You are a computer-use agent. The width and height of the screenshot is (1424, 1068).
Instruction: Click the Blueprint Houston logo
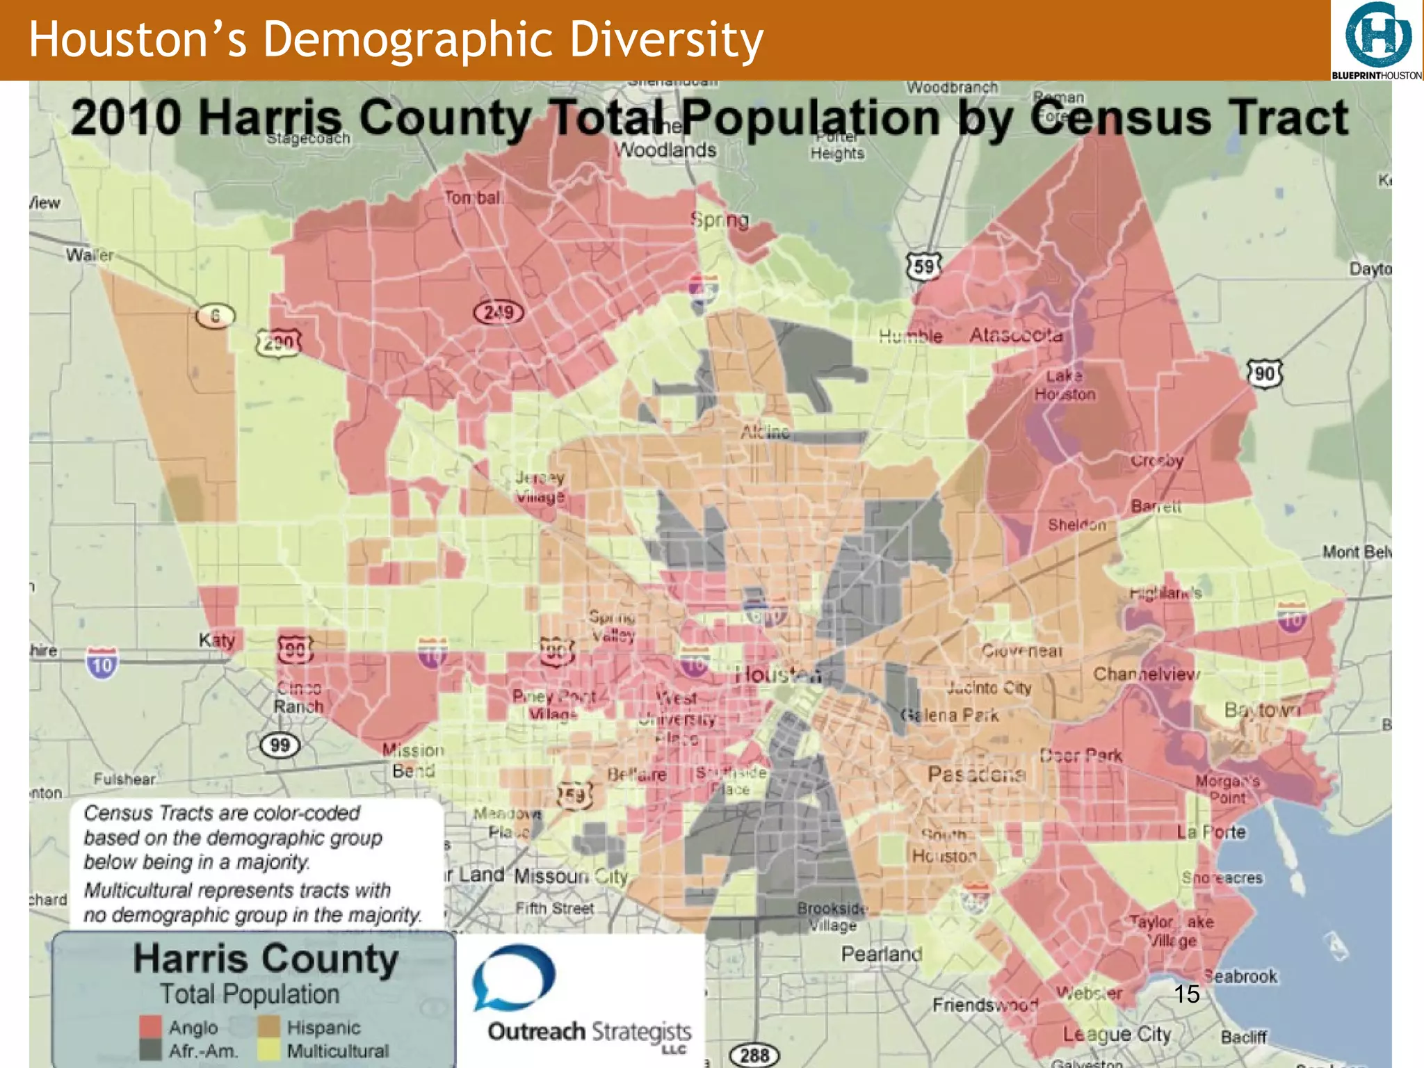(1377, 40)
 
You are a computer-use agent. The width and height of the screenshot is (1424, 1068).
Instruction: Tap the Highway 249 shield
(499, 312)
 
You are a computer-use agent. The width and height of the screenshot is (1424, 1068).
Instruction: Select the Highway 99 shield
(280, 745)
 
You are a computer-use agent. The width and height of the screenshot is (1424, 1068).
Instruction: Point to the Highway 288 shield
(754, 1055)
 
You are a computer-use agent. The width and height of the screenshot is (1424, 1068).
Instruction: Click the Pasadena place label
(976, 774)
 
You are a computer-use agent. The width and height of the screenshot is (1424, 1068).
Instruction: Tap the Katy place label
(216, 640)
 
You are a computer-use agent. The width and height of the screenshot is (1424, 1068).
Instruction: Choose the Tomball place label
(474, 198)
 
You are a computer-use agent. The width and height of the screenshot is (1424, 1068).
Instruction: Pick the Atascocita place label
(1016, 335)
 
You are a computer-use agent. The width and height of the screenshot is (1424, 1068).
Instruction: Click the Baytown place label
(1262, 710)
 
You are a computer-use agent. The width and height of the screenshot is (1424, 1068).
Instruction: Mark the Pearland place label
(881, 954)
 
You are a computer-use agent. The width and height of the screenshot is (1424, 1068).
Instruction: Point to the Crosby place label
(1156, 460)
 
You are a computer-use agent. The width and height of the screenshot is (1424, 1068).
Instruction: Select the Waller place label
(89, 255)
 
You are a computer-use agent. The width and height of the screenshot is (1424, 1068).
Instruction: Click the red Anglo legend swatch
(150, 1027)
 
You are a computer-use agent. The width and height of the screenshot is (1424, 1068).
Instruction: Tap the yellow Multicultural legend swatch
(268, 1050)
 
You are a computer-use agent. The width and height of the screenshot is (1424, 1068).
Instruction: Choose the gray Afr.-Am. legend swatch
(150, 1050)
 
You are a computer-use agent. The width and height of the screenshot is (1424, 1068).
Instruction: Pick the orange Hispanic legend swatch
(268, 1027)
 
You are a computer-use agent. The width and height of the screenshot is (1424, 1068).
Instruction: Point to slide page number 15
(1187, 994)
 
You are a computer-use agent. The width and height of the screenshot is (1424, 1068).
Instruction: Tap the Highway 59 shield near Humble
(923, 266)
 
